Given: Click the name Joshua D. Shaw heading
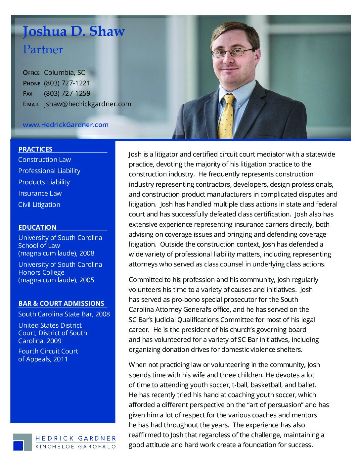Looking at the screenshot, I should click(74, 31).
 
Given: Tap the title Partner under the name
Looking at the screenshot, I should click(43, 50).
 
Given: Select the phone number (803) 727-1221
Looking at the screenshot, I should click(67, 83).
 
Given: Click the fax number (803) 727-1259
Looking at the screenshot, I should click(67, 93).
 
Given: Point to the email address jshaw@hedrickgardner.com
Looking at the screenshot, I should click(87, 104).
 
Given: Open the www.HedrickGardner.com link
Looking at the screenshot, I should click(66, 125).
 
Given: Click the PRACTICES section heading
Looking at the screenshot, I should click(35, 149).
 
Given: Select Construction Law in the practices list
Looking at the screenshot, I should click(44, 160).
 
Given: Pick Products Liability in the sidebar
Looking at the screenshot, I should click(44, 182).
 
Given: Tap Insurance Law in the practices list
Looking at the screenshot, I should click(40, 193).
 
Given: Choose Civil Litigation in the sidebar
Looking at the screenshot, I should click(39, 205).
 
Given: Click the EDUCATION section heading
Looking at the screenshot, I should click(37, 227).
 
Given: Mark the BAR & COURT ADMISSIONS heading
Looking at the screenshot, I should click(61, 303).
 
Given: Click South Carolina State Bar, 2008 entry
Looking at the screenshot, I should click(64, 314).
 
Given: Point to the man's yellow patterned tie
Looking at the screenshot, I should click(227, 116).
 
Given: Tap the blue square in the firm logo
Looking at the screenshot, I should click(18, 445).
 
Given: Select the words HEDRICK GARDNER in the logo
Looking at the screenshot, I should click(75, 439).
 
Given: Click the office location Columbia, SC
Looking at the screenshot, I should click(65, 72).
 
